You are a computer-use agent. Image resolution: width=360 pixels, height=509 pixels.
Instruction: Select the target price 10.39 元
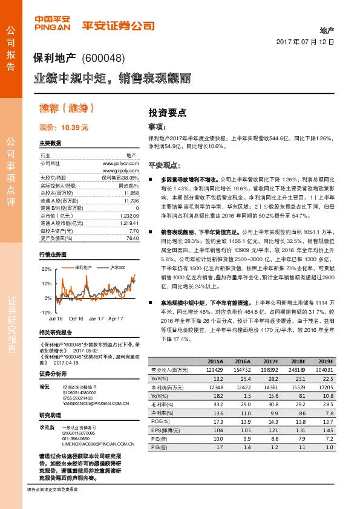(64, 128)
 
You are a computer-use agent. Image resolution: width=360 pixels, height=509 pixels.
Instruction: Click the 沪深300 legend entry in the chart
(117, 267)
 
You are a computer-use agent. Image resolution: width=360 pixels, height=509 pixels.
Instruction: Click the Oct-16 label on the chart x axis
(76, 317)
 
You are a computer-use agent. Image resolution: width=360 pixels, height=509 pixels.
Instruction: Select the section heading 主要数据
(50, 143)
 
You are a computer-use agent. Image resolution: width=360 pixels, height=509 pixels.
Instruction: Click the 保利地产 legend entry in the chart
(84, 267)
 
